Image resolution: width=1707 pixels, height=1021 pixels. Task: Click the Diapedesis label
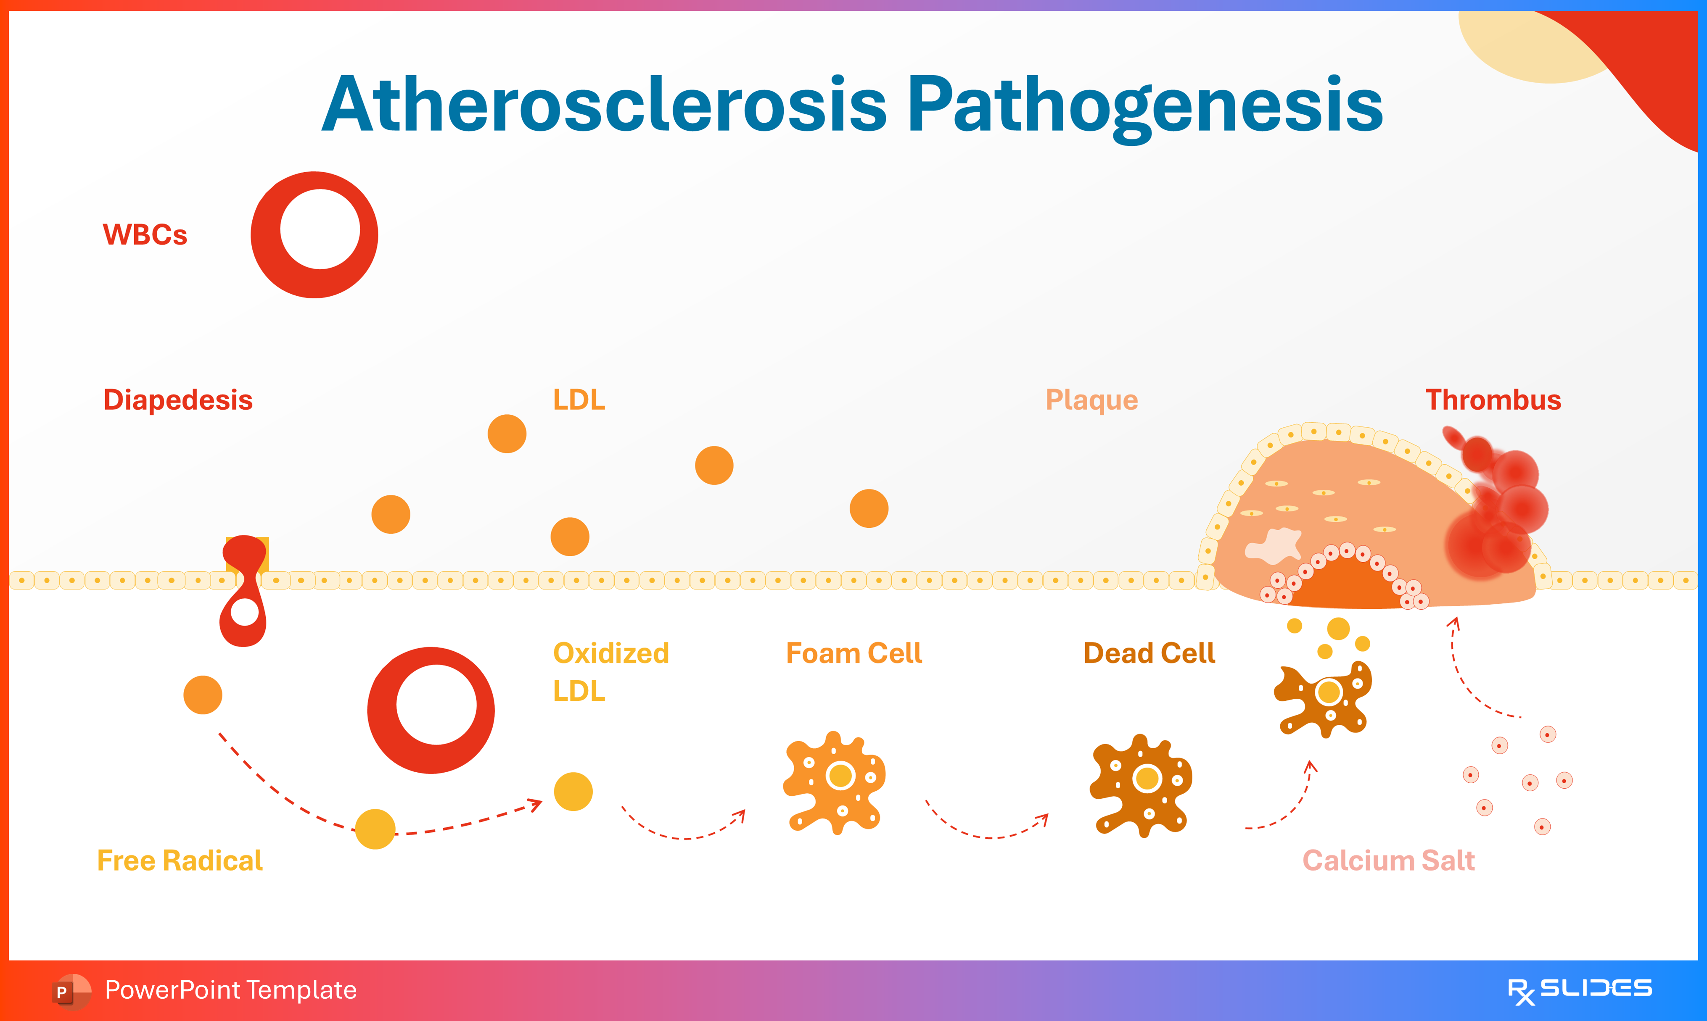point(177,400)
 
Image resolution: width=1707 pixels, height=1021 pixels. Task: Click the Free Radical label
point(180,860)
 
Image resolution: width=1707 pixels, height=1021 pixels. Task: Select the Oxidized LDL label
point(610,671)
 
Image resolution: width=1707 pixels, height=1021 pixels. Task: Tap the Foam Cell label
point(853,653)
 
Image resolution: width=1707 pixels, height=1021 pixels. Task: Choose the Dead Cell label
point(1149,653)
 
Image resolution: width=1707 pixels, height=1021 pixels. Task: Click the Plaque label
point(1091,400)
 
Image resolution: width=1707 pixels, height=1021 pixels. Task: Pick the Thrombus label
point(1492,400)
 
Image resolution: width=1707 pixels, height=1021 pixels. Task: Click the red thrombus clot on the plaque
point(1497,509)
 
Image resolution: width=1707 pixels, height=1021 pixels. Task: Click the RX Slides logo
point(1579,990)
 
